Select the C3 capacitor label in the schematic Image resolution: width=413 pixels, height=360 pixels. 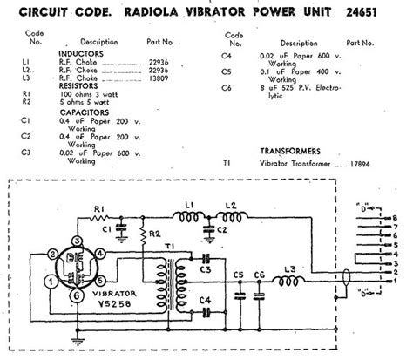tap(207, 271)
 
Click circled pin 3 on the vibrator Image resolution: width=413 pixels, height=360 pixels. tap(77, 241)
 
